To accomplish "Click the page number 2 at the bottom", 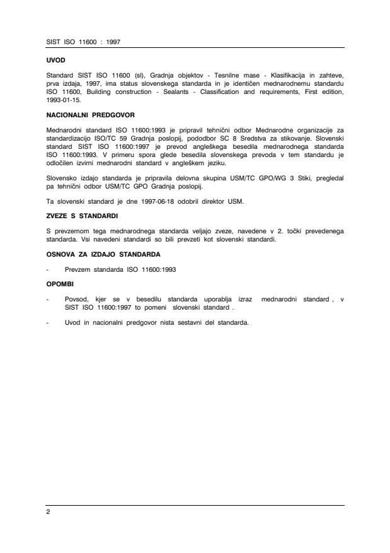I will [49, 511].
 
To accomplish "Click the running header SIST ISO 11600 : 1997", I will [83, 42].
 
